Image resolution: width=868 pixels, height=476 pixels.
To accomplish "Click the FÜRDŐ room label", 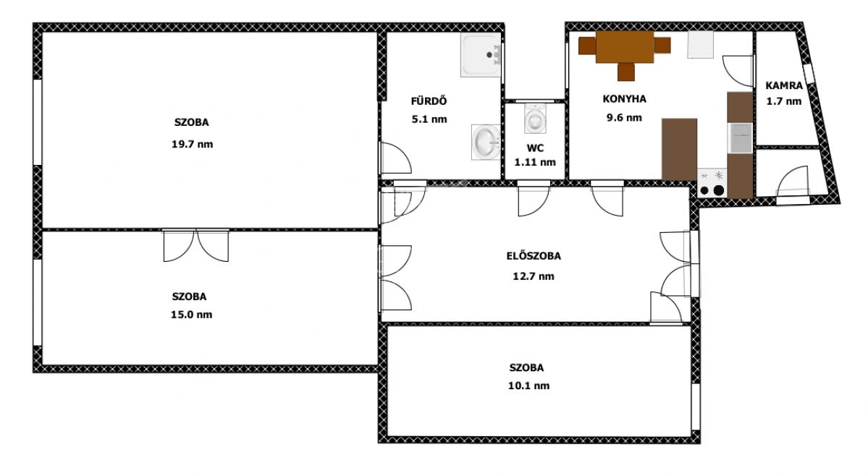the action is [x=429, y=101].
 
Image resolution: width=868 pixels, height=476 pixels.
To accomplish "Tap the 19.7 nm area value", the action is [x=192, y=144].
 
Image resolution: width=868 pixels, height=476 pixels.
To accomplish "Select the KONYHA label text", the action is [x=625, y=99].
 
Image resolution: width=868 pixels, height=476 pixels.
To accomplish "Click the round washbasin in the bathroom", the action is [x=486, y=142].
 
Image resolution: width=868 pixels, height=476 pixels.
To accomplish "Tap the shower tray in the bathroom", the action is [x=481, y=55].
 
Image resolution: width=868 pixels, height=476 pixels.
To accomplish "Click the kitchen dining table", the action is [x=625, y=48].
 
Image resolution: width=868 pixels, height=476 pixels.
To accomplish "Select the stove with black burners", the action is [x=712, y=183].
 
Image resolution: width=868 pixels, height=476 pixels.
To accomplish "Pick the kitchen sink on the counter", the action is [x=740, y=137].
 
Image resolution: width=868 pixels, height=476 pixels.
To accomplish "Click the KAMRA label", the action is [x=784, y=85].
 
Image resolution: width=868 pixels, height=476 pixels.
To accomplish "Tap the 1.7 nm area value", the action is [x=784, y=101].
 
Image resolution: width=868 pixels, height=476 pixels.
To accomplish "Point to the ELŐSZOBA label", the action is [x=534, y=256].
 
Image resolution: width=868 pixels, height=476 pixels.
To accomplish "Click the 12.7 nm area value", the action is [x=534, y=276].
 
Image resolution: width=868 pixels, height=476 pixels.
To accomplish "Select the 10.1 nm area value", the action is [x=528, y=386].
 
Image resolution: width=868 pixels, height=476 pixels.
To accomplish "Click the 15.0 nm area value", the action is [x=192, y=315].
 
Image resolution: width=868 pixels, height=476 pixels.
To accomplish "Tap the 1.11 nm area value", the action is [x=535, y=162].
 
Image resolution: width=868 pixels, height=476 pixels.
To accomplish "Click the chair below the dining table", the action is [x=626, y=72].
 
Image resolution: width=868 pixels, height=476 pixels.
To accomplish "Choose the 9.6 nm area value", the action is [x=624, y=118].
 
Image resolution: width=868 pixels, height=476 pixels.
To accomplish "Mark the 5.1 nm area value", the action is [x=429, y=119].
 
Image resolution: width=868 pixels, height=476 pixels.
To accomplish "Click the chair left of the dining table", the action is [x=587, y=46].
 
